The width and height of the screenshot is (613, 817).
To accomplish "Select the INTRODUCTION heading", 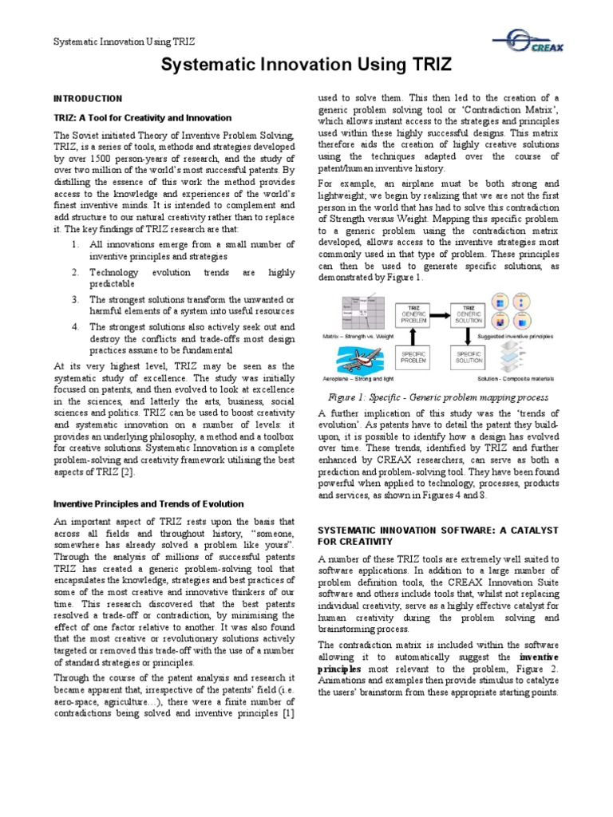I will (88, 98).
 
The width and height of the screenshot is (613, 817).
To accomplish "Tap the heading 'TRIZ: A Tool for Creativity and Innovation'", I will (142, 117).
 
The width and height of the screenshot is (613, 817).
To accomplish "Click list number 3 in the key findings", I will (73, 299).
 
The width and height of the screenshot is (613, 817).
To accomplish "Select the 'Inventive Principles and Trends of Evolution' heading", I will (148, 503).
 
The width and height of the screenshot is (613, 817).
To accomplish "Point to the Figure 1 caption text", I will (438, 397).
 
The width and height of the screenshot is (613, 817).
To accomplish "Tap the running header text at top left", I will (125, 41).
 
